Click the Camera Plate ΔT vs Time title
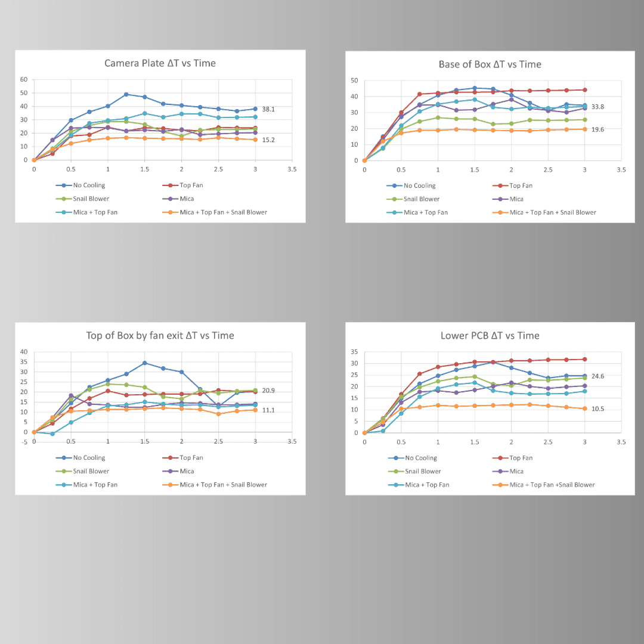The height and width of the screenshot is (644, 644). [x=160, y=63]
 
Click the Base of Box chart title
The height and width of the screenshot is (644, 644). [x=490, y=64]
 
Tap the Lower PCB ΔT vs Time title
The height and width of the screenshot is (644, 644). [x=490, y=336]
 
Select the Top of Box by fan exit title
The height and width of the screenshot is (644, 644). [x=160, y=336]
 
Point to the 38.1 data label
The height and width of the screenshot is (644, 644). [x=268, y=110]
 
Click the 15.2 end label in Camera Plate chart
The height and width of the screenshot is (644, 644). [x=268, y=140]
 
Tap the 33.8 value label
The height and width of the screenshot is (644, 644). [x=597, y=107]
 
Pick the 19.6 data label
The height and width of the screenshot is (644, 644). [x=597, y=129]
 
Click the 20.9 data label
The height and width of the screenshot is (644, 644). [x=268, y=391]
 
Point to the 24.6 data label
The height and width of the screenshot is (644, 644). [x=597, y=376]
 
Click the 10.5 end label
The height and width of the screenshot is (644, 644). [x=597, y=409]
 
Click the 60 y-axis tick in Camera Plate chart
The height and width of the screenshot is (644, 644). [x=24, y=79]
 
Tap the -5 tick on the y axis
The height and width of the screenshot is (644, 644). [x=24, y=442]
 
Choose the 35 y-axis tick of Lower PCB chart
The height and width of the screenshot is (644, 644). [x=354, y=352]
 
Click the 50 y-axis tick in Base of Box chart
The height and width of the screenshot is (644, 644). [x=354, y=80]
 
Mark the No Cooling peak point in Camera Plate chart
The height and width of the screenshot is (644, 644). [x=126, y=94]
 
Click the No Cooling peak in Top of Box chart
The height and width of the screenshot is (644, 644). [x=145, y=363]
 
